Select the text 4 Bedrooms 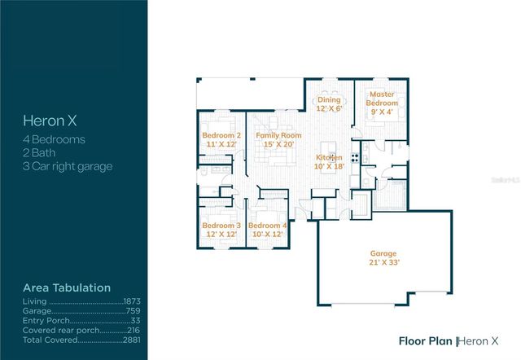(x=54, y=139)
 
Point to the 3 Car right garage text (x=68, y=166)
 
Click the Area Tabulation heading (x=66, y=288)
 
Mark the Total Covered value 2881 (x=134, y=338)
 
